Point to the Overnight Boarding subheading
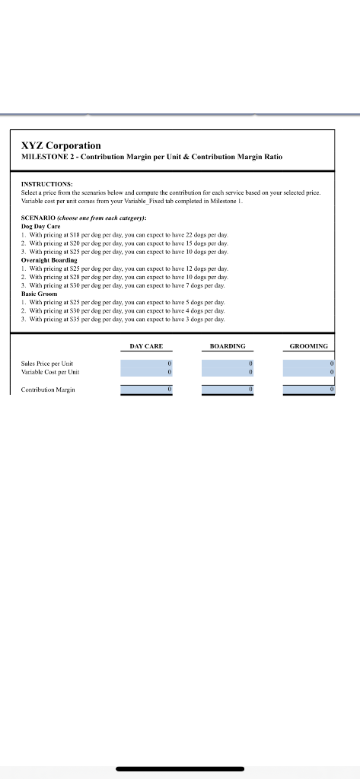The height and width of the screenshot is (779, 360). (x=50, y=259)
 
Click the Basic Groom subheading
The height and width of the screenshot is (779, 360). (x=40, y=293)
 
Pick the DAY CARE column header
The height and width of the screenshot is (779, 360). (x=146, y=346)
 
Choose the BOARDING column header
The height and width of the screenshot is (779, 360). (x=228, y=346)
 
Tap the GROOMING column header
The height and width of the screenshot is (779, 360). (x=309, y=346)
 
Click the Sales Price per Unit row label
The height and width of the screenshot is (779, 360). (x=47, y=364)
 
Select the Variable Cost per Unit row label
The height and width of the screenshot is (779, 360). (x=50, y=372)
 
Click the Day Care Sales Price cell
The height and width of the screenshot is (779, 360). (x=147, y=364)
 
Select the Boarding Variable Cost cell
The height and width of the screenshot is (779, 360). (x=228, y=372)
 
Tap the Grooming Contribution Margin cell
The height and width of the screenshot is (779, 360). (x=309, y=389)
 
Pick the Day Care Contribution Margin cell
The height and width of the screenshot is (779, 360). (x=147, y=389)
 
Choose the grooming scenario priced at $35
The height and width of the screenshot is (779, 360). (x=122, y=318)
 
